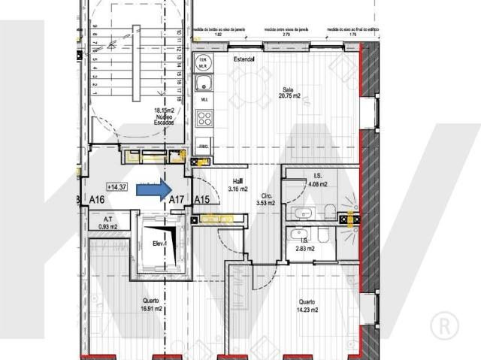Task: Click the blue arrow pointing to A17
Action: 153,191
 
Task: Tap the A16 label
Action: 96,200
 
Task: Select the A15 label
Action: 201,200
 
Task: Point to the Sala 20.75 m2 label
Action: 288,92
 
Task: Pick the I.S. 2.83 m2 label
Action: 304,244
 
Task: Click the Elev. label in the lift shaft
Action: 159,244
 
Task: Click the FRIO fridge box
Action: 204,146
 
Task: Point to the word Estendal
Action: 244,59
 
